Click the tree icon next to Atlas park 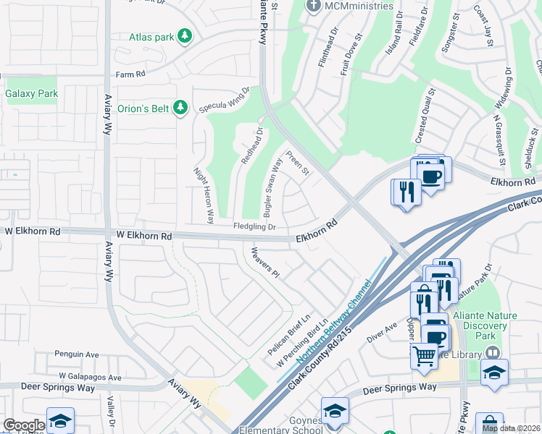pos(185,35)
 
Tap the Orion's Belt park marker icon pos(181,109)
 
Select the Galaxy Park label pos(31,93)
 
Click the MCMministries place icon pos(314,7)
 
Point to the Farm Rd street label pos(130,74)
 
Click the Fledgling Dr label pos(254,226)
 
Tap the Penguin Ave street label pos(76,355)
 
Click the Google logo pos(24,425)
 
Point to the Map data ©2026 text pos(511,428)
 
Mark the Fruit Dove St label pos(352,54)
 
